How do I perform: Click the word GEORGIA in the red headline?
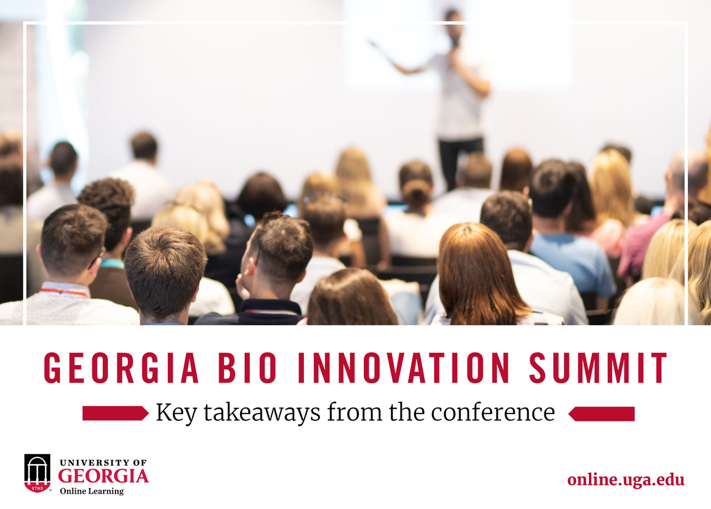(x=121, y=368)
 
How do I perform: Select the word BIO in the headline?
(x=247, y=368)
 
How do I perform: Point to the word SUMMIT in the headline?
(x=598, y=368)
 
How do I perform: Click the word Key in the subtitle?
(x=176, y=413)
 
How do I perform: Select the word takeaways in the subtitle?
(x=262, y=413)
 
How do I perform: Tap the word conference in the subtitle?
(x=493, y=412)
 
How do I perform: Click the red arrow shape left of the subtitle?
(x=116, y=413)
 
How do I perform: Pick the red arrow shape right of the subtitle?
(x=601, y=414)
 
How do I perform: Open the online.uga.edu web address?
(x=626, y=480)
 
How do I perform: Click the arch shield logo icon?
(x=37, y=473)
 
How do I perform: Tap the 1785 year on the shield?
(x=37, y=488)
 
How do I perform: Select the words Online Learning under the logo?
(x=92, y=491)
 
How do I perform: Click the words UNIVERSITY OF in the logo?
(x=103, y=463)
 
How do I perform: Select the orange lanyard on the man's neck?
(x=63, y=292)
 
